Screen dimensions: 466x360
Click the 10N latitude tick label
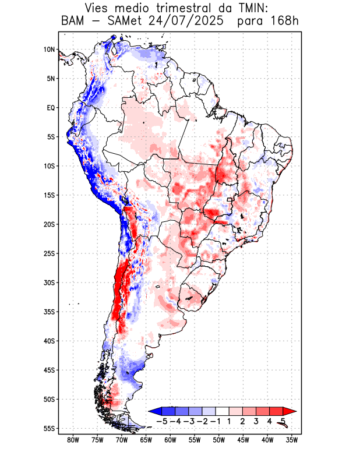tap(49, 50)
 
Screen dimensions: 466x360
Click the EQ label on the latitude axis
tap(50, 108)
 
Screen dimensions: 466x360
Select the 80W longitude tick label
tap(73, 440)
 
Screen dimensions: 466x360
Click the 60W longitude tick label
tap(170, 440)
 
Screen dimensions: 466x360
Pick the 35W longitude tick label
tap(292, 440)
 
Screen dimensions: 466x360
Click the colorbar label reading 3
tap(256, 421)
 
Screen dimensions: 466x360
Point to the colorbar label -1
tap(215, 421)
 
